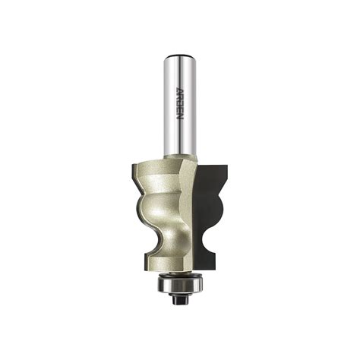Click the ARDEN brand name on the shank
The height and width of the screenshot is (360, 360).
pyautogui.click(x=179, y=104)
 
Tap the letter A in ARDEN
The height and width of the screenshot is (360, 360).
pyautogui.click(x=179, y=90)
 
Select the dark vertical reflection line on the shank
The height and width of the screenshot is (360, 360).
pyautogui.click(x=182, y=106)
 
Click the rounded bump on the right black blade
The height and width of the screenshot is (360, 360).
pyautogui.click(x=219, y=207)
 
